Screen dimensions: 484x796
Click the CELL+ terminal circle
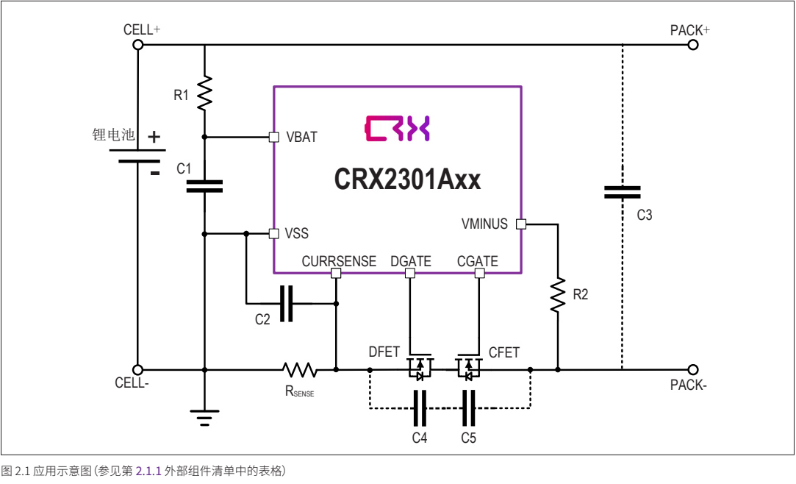pyautogui.click(x=137, y=45)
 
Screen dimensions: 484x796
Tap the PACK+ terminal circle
pyautogui.click(x=692, y=45)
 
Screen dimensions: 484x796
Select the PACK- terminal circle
pyautogui.click(x=692, y=369)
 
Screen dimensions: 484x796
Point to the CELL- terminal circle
pyautogui.click(x=137, y=369)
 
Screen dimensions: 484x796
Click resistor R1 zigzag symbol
pyautogui.click(x=204, y=93)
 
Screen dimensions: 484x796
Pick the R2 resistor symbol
pyautogui.click(x=559, y=296)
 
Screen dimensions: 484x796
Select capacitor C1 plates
pyautogui.click(x=204, y=185)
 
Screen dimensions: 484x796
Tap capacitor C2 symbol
pyautogui.click(x=286, y=303)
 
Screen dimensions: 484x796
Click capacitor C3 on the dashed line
pyautogui.click(x=622, y=192)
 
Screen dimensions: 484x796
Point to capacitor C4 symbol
pyautogui.click(x=420, y=408)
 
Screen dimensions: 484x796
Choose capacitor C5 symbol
pyautogui.click(x=468, y=408)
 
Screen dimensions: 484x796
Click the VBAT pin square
pyautogui.click(x=273, y=137)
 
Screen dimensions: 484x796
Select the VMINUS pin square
pyautogui.click(x=520, y=224)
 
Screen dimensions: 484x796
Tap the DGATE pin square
pyautogui.click(x=410, y=274)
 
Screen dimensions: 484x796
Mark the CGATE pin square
pyautogui.click(x=479, y=274)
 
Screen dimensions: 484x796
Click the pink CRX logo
pyautogui.click(x=397, y=129)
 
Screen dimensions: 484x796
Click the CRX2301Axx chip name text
pyautogui.click(x=408, y=178)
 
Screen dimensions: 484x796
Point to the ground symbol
pyautogui.click(x=204, y=418)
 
